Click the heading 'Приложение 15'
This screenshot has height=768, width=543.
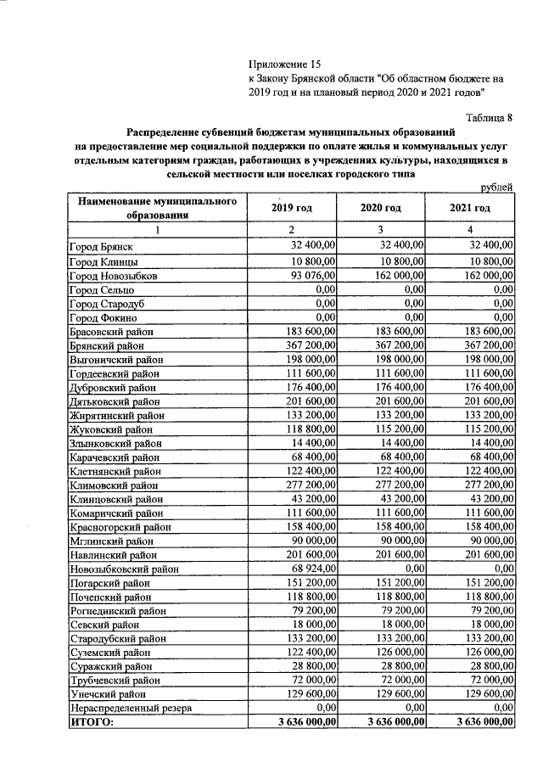click(x=286, y=64)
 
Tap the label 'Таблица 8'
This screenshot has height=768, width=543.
click(x=490, y=117)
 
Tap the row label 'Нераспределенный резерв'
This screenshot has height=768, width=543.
click(x=131, y=708)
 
